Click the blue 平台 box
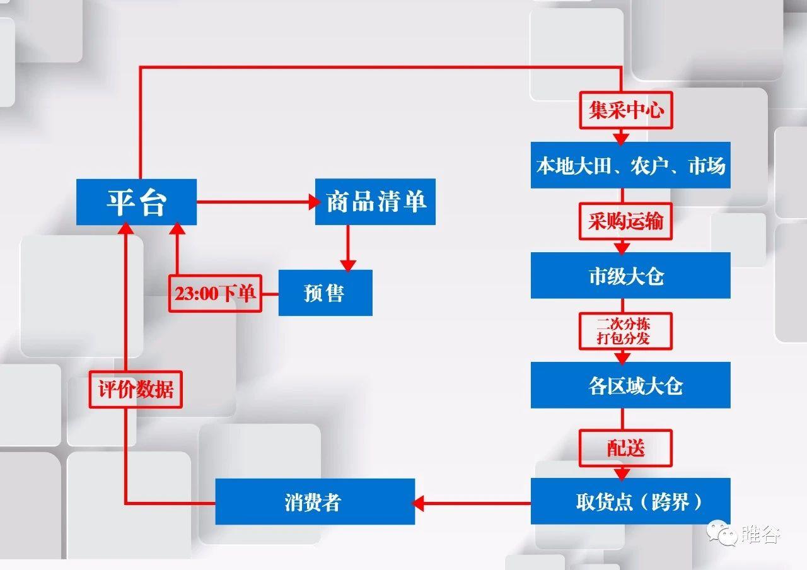point(136,202)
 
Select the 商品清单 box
point(375,202)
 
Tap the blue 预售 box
point(325,293)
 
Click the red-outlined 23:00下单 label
point(215,293)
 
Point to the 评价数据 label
point(136,389)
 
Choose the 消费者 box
point(315,502)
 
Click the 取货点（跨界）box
point(630,501)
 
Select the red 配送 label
point(626,448)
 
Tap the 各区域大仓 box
point(630,385)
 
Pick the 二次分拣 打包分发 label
point(625,331)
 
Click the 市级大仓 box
point(630,276)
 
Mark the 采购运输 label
point(625,221)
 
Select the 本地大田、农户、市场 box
point(630,166)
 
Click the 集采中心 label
point(625,112)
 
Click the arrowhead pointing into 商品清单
point(313,202)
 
